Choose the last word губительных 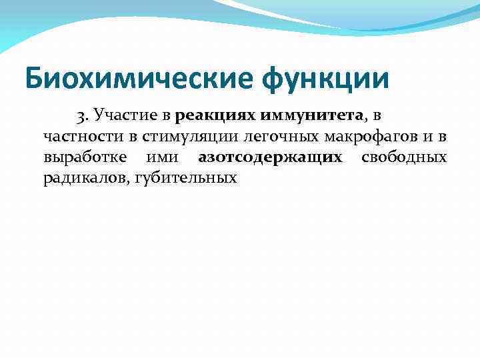pos(186,178)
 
